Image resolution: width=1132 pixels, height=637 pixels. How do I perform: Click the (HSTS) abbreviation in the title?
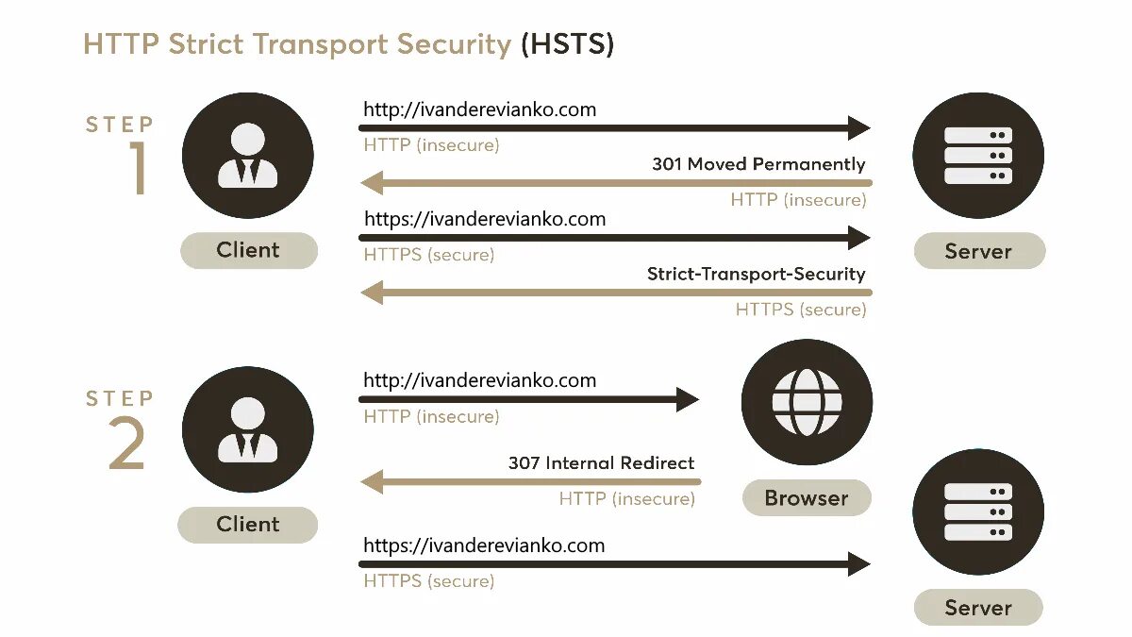pyautogui.click(x=567, y=43)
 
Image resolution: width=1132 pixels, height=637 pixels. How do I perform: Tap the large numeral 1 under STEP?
pyautogui.click(x=139, y=169)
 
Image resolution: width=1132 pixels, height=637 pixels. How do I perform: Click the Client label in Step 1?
pyautogui.click(x=248, y=250)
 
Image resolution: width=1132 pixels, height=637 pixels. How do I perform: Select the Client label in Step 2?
pyautogui.click(x=248, y=524)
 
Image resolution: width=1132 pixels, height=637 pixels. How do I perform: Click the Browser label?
pyautogui.click(x=807, y=497)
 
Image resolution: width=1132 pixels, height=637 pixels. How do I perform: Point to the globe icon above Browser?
pyautogui.click(x=807, y=403)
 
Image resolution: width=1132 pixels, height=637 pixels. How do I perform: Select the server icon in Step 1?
pyautogui.click(x=978, y=156)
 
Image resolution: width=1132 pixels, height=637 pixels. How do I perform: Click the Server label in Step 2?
pyautogui.click(x=978, y=608)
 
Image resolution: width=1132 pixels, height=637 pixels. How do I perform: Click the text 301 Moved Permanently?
pyautogui.click(x=758, y=164)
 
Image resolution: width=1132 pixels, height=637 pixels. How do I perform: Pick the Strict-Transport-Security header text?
pyautogui.click(x=756, y=274)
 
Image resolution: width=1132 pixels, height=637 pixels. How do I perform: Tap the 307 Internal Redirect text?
pyautogui.click(x=601, y=463)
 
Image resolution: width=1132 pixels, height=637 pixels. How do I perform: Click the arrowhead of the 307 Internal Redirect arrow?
pyautogui.click(x=372, y=481)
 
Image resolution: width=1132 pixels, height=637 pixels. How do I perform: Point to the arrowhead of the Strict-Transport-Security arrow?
pyautogui.click(x=372, y=292)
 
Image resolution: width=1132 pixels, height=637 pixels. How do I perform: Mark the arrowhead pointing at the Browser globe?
pyautogui.click(x=688, y=399)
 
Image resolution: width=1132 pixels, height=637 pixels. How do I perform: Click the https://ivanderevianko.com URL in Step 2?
pyautogui.click(x=484, y=545)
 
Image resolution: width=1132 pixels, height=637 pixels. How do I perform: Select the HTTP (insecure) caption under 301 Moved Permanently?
pyautogui.click(x=798, y=200)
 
